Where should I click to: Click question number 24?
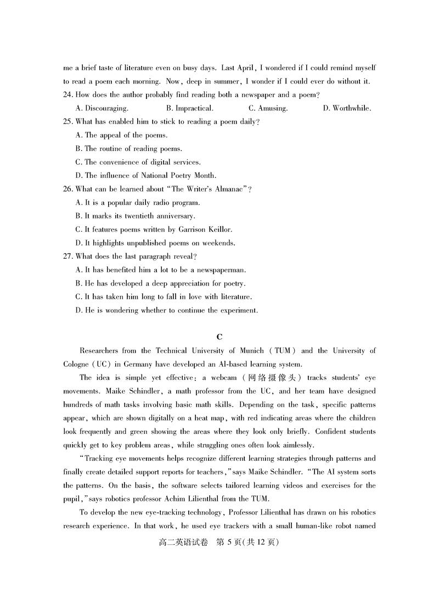coord(68,95)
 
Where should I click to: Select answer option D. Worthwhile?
coord(347,108)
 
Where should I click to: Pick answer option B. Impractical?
coord(190,108)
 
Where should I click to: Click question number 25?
coord(68,121)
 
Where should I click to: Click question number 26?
coord(68,189)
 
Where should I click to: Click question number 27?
coord(68,256)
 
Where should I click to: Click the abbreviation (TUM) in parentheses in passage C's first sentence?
coord(280,350)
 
